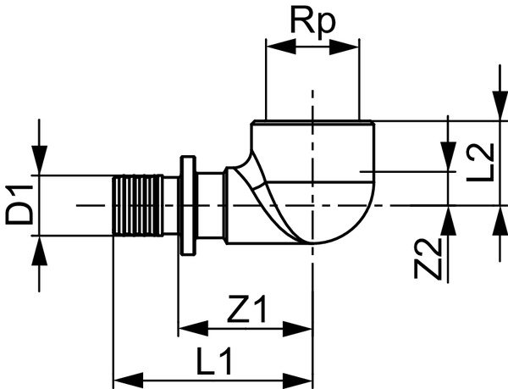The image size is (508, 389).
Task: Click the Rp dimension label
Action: [313, 22]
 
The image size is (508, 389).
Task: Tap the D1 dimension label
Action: [19, 206]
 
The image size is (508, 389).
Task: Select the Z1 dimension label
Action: [246, 312]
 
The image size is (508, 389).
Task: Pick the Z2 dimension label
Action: [432, 258]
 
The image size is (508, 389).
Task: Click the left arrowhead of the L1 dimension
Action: [125, 377]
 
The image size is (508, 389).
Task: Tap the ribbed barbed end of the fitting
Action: [137, 206]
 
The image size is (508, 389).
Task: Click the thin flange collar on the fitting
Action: [187, 206]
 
